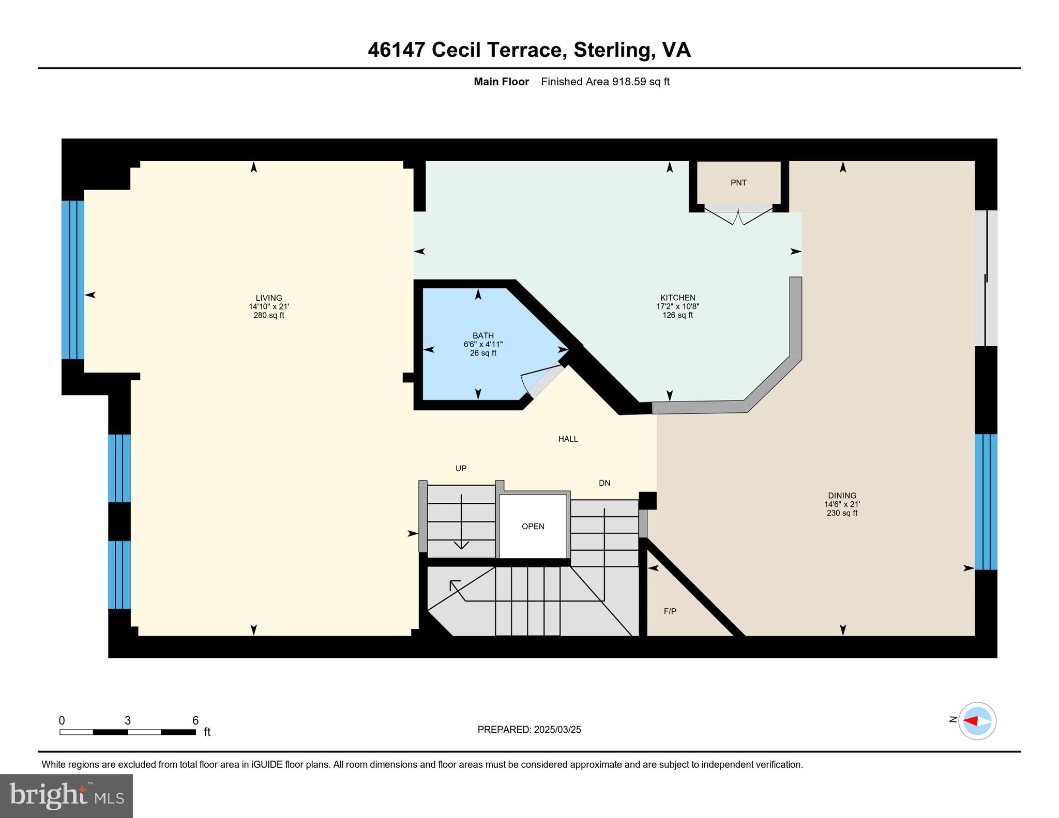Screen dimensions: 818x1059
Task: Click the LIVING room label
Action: (x=268, y=298)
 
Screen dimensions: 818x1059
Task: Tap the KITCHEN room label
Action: (x=677, y=298)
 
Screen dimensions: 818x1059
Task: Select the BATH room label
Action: (x=483, y=336)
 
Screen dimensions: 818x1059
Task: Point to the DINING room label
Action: (x=842, y=496)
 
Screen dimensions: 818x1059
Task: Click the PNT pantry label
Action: (x=738, y=183)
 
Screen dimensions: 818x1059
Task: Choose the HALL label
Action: (x=568, y=439)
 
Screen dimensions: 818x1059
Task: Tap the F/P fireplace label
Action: (x=670, y=611)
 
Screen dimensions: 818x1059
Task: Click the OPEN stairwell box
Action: (x=533, y=527)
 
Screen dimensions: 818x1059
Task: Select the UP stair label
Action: (x=461, y=469)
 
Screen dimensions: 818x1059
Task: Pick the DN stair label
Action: (x=604, y=483)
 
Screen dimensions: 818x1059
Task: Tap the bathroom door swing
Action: (x=540, y=380)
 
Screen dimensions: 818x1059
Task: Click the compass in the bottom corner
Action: (x=977, y=721)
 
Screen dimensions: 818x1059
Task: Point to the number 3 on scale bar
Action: (x=127, y=721)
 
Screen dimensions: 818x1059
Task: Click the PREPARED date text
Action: (x=529, y=730)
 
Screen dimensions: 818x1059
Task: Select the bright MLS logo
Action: (x=66, y=795)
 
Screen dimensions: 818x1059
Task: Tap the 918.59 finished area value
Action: (x=629, y=82)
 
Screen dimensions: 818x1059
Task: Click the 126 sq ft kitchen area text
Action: (x=677, y=315)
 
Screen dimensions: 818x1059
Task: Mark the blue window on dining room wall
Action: (x=986, y=502)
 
